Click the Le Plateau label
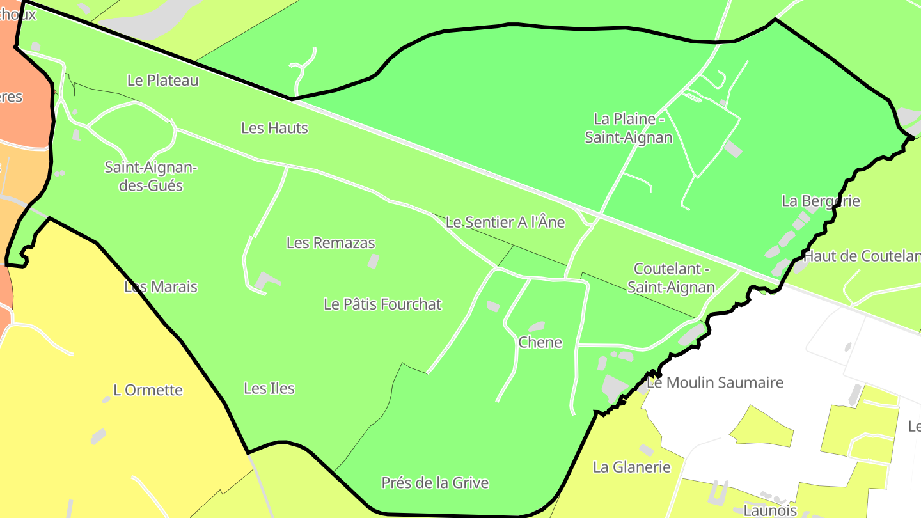coord(163,81)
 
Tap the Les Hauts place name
coord(274,128)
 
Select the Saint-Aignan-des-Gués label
coord(152,177)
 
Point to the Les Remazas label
coord(331,243)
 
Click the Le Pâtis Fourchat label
coord(382,304)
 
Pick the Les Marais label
coord(161,287)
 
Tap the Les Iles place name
coord(269,388)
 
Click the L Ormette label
coord(148,390)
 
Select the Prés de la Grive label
coord(435,483)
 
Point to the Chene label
coord(540,343)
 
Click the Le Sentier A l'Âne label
coord(505,223)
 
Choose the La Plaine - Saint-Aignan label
coord(629,128)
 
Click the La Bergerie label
coord(821,201)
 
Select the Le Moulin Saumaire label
coord(715,383)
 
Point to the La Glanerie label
coord(632,467)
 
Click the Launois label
coord(770,510)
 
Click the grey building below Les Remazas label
coord(373,261)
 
